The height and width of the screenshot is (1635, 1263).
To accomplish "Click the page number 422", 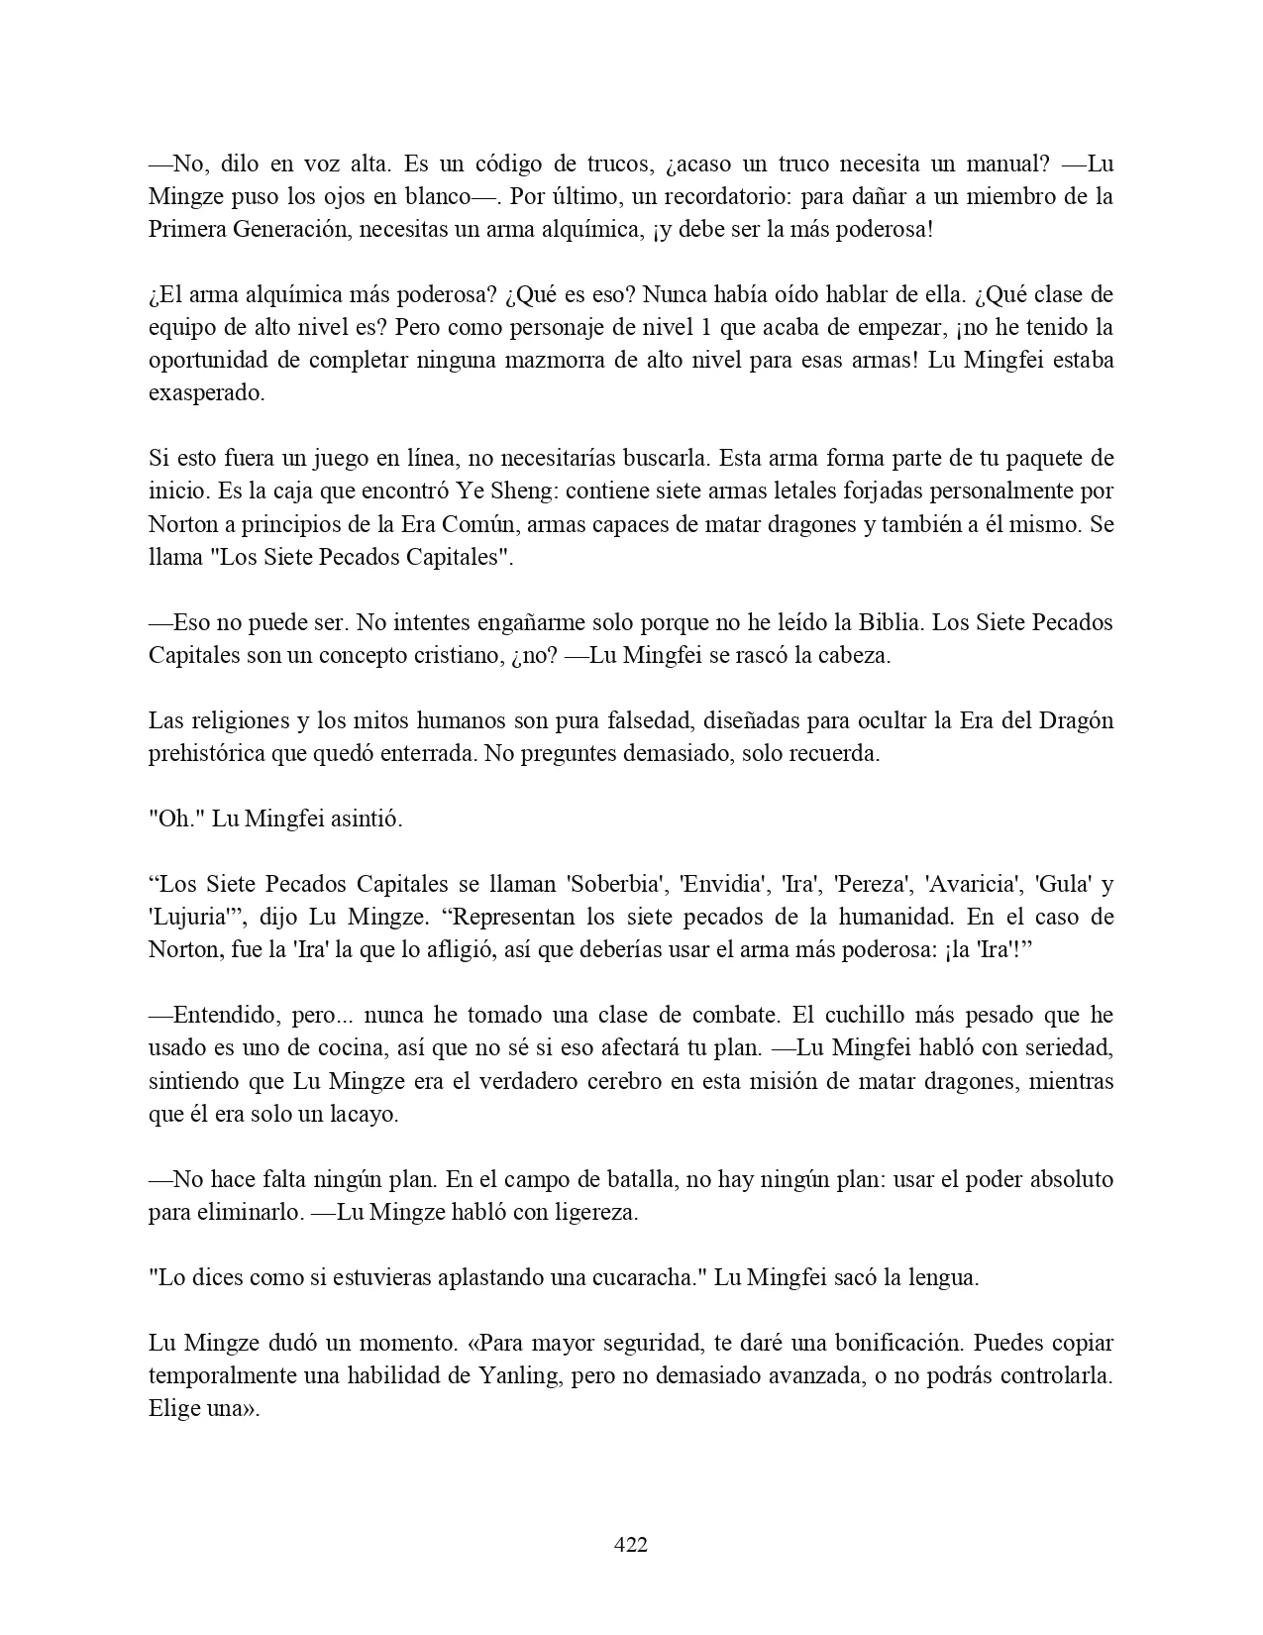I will (x=631, y=1544).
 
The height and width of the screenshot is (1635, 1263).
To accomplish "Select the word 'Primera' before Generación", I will (x=186, y=229).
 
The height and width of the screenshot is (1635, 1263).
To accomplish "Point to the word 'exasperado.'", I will (x=206, y=392).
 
